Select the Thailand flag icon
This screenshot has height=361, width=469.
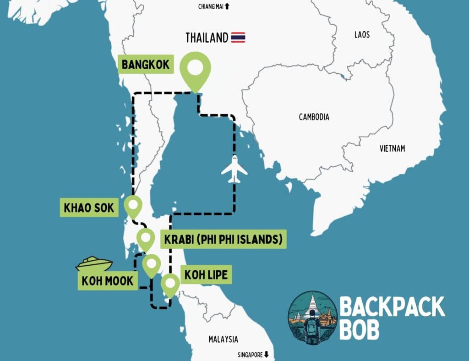click(238, 37)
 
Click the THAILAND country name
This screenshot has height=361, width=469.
click(207, 38)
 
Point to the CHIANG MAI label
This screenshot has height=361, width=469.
click(213, 6)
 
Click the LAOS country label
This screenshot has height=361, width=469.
click(362, 35)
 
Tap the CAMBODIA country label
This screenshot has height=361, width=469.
click(314, 117)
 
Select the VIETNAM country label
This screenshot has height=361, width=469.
click(393, 148)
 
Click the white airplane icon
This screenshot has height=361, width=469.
click(234, 169)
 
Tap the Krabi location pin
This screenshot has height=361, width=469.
click(146, 239)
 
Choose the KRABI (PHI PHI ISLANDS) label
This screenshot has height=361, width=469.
click(223, 239)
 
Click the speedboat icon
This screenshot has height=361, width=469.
click(94, 264)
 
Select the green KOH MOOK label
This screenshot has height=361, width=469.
click(109, 280)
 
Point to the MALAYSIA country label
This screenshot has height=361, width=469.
click(223, 339)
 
